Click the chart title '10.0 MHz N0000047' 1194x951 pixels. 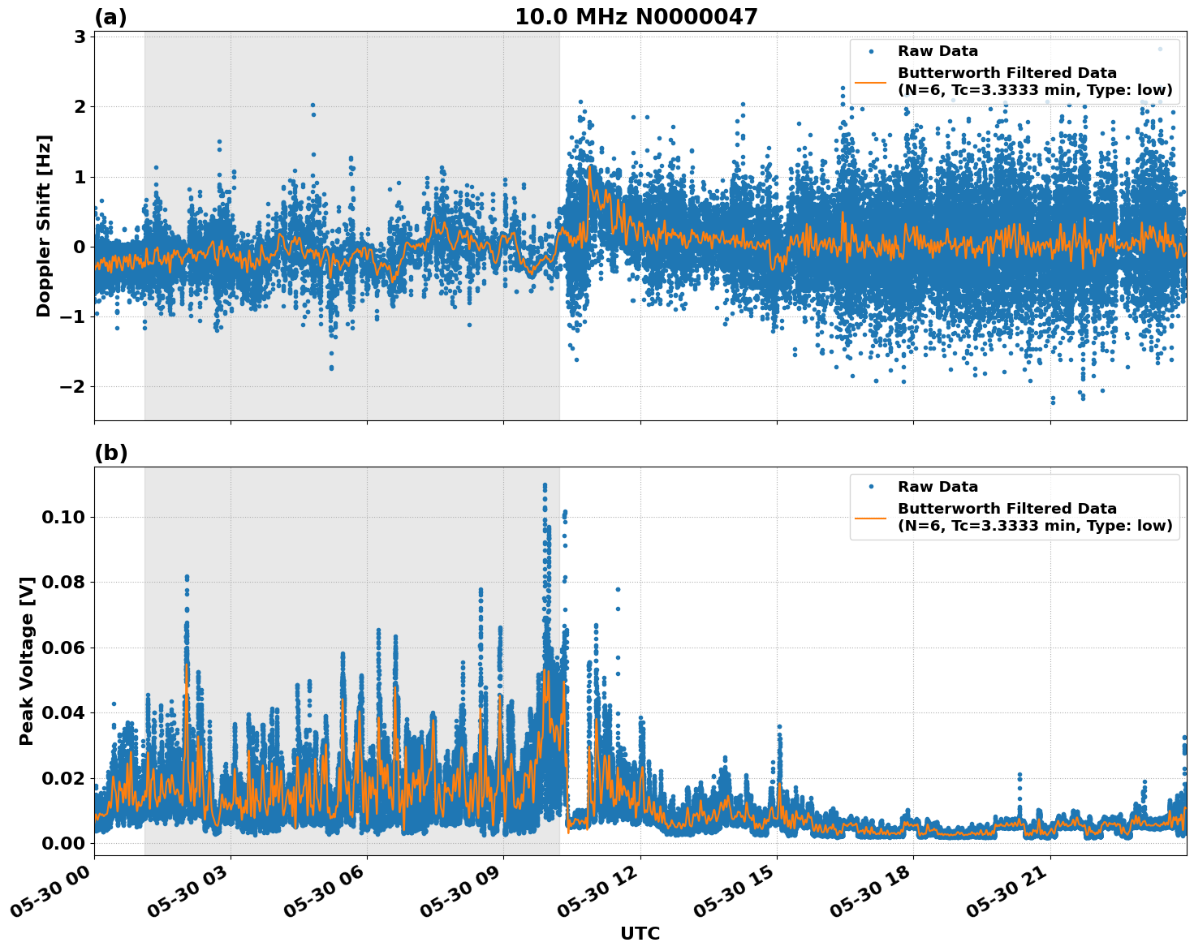click(636, 17)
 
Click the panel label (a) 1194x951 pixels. click(110, 17)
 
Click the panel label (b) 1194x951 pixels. click(110, 453)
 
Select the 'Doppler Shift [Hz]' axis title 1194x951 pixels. click(44, 226)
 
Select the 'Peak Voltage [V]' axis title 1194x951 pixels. click(27, 661)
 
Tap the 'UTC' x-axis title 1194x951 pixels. click(640, 933)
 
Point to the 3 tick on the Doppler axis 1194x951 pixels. click(80, 37)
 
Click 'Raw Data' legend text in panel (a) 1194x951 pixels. click(938, 51)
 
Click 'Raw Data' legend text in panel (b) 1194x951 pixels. click(938, 487)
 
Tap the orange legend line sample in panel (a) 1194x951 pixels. click(870, 81)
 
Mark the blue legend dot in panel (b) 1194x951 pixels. click(870, 487)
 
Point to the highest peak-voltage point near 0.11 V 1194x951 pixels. click(545, 485)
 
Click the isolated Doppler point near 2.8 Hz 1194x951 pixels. click(1160, 49)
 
